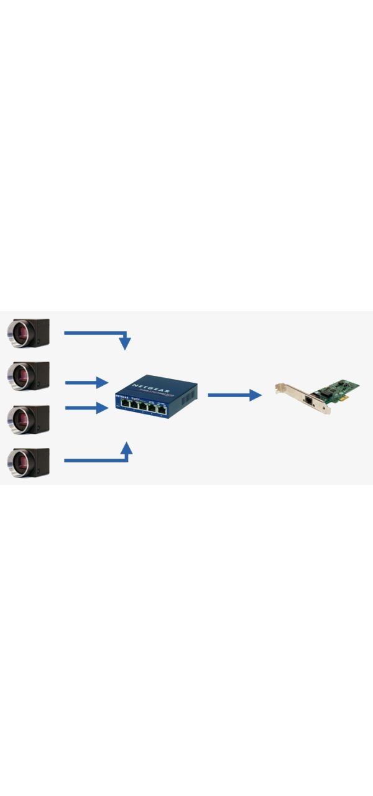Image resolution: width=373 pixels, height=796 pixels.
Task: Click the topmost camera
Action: (28, 333)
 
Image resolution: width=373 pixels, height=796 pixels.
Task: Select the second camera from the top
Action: (28, 377)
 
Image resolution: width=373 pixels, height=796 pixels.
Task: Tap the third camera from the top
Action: (28, 419)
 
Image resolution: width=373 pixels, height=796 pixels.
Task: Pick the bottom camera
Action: (28, 462)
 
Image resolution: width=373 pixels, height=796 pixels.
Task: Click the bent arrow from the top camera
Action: (99, 334)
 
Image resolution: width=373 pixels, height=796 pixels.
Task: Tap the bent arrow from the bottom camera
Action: (99, 459)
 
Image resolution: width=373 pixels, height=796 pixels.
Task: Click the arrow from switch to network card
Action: (233, 395)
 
